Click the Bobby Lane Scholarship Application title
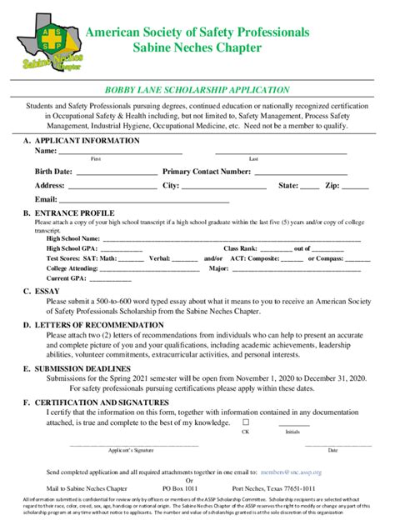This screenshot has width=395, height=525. (x=197, y=89)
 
